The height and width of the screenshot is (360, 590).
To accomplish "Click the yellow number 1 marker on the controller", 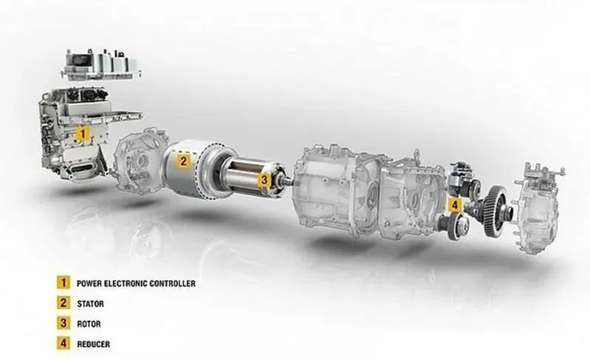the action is pos(83,134).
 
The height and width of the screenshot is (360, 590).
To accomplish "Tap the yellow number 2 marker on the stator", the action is pos(183,161).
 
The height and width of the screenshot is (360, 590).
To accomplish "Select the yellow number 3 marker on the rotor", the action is pos(264,180).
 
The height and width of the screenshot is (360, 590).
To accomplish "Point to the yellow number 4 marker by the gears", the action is pos(455,205).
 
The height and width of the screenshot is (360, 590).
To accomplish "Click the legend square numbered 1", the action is pos(63,283).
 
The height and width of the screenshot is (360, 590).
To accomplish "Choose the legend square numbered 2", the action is pos(63,302).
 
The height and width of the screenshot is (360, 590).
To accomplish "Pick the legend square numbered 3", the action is pos(63,323).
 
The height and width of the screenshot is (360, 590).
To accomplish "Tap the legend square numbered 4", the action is pos(63,344).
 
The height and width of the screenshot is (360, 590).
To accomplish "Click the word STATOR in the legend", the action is pos(90,303).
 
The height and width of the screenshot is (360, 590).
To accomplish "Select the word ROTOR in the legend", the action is pos(88,324).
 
